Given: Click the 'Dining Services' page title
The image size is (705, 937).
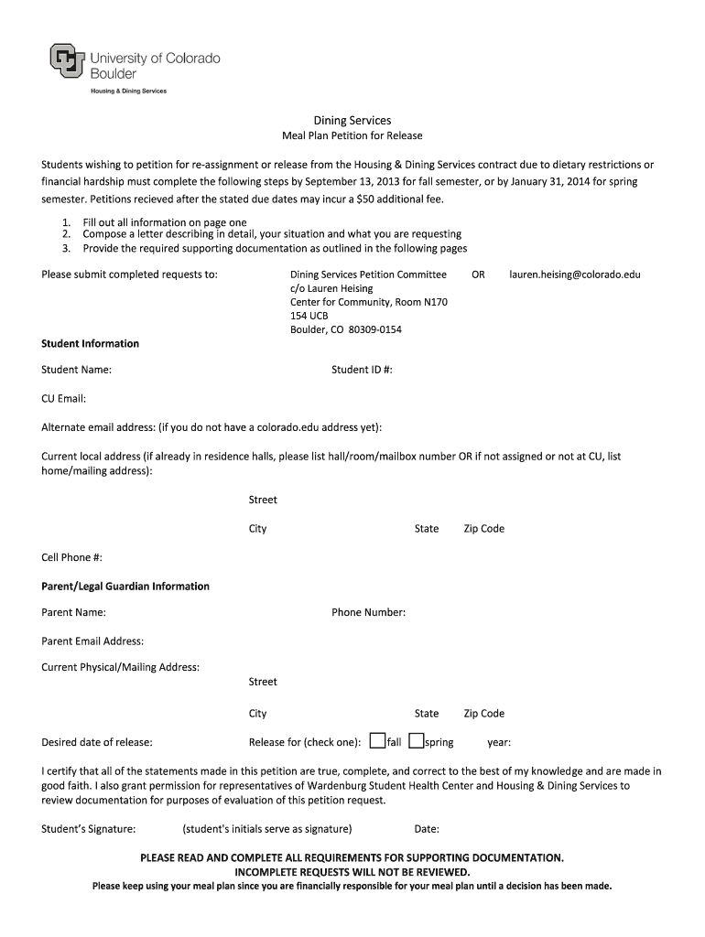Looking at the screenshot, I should (352, 120).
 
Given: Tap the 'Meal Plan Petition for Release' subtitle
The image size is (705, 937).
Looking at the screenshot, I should (352, 136).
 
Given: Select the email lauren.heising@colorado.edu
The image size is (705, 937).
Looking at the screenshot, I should (575, 275).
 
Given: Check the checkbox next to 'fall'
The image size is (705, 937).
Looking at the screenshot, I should (376, 741).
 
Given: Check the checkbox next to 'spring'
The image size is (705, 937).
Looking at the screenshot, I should (416, 741).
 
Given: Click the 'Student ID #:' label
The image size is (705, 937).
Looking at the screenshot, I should (362, 370).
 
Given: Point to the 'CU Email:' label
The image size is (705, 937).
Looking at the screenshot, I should (63, 399).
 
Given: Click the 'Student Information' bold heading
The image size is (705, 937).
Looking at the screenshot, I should (90, 344).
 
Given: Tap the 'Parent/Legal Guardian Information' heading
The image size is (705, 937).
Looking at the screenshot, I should (125, 587).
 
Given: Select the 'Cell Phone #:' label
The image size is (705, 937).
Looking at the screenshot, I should (71, 557).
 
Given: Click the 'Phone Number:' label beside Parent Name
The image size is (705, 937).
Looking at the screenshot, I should (368, 613).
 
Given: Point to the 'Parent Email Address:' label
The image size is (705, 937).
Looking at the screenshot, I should (92, 641).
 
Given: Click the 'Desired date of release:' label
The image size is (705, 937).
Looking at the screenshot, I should (97, 743).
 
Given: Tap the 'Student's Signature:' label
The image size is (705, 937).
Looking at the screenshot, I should (89, 830).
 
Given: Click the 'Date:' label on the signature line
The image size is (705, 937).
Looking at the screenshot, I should (427, 830).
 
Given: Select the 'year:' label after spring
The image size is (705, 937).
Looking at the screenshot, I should (499, 743).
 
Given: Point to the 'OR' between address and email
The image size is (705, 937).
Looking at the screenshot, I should (478, 275).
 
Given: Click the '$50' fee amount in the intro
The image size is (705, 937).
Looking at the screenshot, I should (368, 199).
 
